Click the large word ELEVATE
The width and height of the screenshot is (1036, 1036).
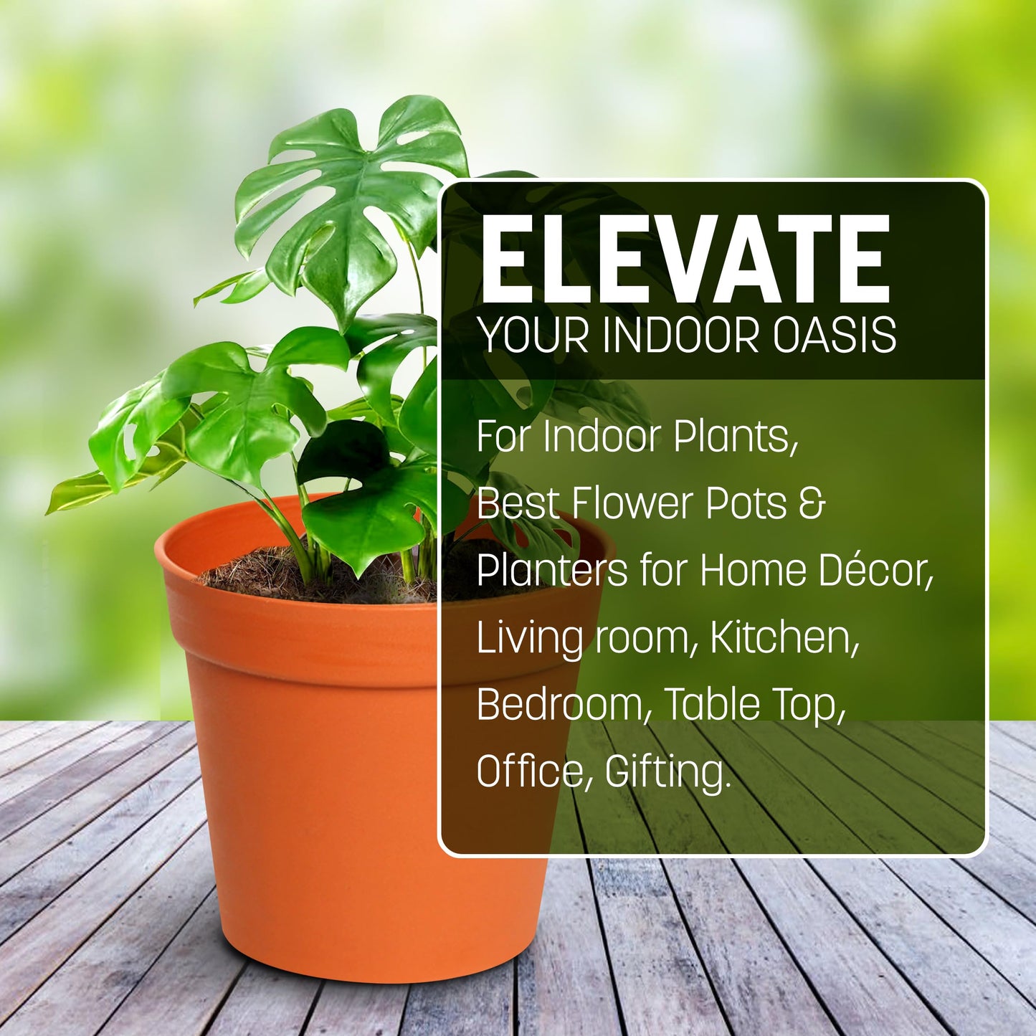pos(685,260)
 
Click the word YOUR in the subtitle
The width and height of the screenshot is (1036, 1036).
pos(534,335)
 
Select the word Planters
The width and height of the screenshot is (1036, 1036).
pos(551,571)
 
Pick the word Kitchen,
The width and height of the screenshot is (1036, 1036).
pos(784,637)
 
